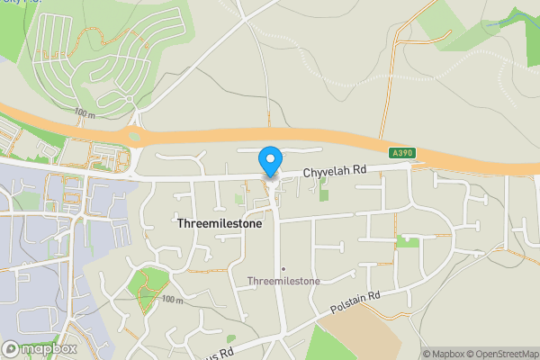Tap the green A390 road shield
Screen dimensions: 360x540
tap(402, 154)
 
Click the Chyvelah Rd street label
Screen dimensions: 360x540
tap(335, 170)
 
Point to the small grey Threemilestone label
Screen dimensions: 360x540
tap(283, 282)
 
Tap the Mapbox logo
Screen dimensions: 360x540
tap(40, 348)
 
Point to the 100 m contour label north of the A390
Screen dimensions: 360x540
tap(85, 114)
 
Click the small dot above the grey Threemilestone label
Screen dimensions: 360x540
tap(283, 269)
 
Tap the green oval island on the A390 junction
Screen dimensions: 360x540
tap(135, 136)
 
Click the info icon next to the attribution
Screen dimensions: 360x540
tap(414, 354)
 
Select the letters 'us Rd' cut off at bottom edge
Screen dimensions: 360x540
tap(221, 354)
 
